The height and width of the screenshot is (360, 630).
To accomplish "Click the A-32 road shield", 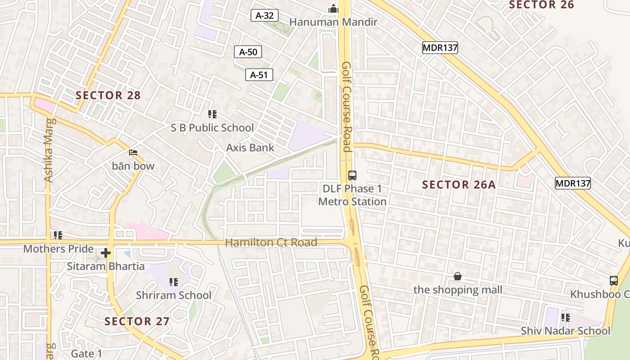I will (265, 16).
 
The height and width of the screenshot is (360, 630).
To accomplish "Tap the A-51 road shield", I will (259, 75).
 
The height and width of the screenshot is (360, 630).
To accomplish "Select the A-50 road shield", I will (248, 52).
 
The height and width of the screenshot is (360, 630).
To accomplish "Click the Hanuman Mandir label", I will (333, 22).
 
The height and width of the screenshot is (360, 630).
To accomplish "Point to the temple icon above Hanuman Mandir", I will (333, 9).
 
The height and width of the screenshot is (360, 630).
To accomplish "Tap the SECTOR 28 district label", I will (108, 95).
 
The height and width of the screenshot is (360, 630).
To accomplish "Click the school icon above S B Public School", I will (212, 114).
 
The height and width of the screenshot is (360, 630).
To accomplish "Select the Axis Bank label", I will (250, 148).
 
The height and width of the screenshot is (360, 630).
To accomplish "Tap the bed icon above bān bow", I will (133, 153).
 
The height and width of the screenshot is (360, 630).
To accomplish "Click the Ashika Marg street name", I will (49, 149).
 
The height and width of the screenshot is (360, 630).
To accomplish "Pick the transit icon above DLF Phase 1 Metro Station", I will (352, 175).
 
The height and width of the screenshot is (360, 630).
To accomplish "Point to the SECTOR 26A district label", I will (459, 184).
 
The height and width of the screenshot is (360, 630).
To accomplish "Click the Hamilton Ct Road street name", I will (271, 243).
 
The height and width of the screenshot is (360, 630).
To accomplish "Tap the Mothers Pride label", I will (58, 249).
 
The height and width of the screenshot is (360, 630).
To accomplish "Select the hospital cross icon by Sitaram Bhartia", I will (106, 253).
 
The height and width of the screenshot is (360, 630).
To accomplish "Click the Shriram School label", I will (174, 295).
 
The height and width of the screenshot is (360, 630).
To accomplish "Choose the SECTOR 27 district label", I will (137, 321).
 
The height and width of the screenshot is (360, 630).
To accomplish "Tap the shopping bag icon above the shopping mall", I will (458, 276).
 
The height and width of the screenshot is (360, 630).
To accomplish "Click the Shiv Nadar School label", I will (566, 331).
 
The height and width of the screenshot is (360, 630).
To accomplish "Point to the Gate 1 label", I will (86, 354).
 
